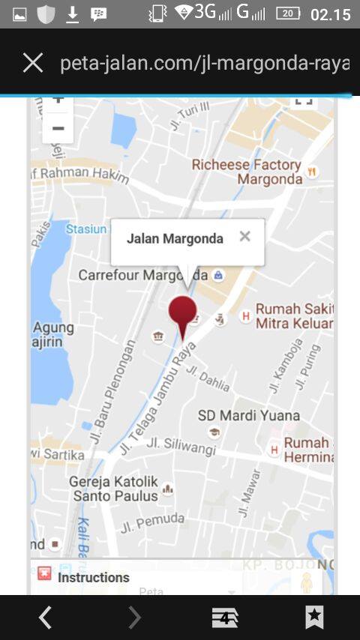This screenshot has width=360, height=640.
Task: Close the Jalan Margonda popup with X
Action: coord(244,237)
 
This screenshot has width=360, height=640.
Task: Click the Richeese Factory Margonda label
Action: coord(246,172)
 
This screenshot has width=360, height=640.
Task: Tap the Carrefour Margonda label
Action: coord(142,275)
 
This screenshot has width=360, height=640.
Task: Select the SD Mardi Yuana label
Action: coord(248,415)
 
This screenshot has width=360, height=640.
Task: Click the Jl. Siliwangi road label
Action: coord(181,445)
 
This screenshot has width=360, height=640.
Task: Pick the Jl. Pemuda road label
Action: coord(152,522)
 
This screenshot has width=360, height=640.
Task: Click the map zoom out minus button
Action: coord(58,128)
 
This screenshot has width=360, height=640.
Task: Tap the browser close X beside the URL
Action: coord(33,63)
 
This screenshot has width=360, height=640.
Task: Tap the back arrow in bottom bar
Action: coord(45,617)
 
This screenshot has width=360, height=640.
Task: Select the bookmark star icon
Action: coord(314,617)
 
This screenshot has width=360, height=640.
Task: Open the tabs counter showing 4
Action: coord(224,617)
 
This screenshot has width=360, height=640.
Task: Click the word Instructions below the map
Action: coord(94,577)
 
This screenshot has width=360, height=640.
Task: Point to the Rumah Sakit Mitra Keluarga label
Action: coord(293,316)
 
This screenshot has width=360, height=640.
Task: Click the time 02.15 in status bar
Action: coord(330,14)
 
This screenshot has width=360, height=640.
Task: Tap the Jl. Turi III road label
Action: coord(188,118)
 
